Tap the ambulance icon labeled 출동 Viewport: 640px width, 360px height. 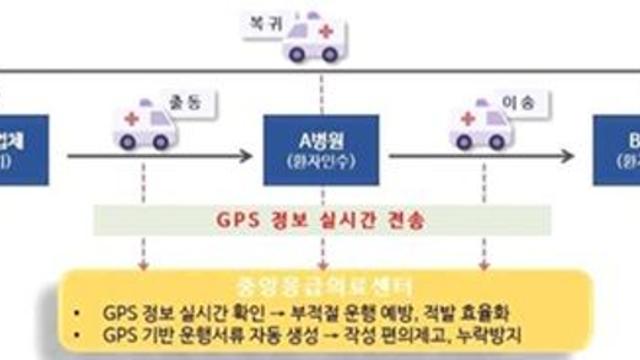(x=145, y=126)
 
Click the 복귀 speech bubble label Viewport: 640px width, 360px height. (x=258, y=20)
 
